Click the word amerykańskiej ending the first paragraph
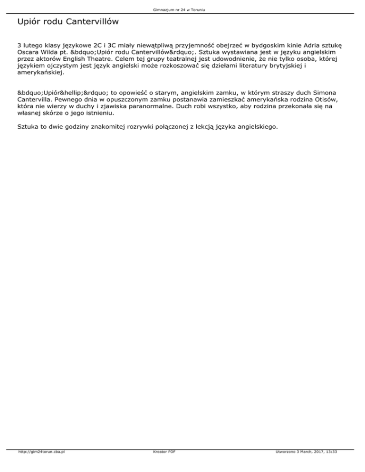pos(40,73)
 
